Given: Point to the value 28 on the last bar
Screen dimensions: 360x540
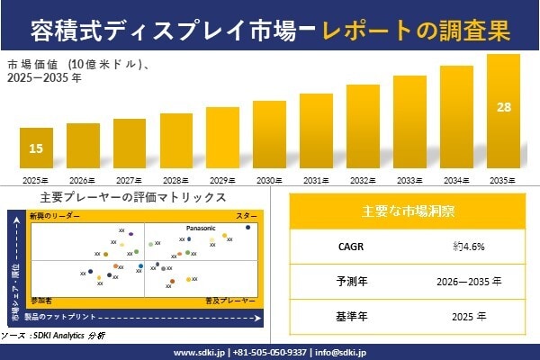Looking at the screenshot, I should pyautogui.click(x=503, y=107).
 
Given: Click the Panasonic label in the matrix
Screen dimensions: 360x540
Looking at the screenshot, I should pyautogui.click(x=201, y=229).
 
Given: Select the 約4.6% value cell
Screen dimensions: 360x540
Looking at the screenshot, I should pyautogui.click(x=469, y=245).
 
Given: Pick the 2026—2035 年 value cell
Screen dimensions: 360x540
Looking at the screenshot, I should pyautogui.click(x=469, y=281).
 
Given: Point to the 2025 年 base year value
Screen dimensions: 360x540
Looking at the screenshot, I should pyautogui.click(x=469, y=316).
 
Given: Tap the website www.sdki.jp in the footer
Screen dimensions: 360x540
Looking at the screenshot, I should pyautogui.click(x=198, y=351).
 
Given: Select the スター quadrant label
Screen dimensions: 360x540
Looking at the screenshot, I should pyautogui.click(x=246, y=217).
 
